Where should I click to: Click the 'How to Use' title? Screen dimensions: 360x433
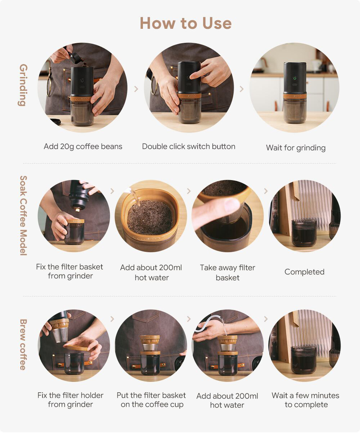click(186, 23)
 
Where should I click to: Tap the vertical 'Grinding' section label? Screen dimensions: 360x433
click(23, 85)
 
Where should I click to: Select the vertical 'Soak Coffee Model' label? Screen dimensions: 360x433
click(23, 215)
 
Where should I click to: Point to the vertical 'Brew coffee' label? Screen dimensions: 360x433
click(23, 344)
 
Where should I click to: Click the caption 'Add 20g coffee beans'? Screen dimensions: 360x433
click(83, 147)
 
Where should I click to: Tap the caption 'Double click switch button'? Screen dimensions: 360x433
click(189, 146)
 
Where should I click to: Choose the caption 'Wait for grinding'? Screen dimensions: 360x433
click(296, 148)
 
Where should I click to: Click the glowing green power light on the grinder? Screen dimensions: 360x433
click(294, 78)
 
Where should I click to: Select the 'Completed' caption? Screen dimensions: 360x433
click(304, 272)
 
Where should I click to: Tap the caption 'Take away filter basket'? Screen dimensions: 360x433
click(228, 272)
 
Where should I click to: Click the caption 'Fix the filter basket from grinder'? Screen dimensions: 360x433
click(69, 271)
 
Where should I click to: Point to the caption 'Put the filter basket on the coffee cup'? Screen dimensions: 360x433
click(151, 400)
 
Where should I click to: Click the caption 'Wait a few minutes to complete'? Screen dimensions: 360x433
click(305, 400)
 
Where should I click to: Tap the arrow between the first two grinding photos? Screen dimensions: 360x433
click(136, 89)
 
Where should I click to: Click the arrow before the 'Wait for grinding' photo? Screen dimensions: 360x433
click(242, 89)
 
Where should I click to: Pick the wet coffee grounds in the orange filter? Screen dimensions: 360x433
click(150, 217)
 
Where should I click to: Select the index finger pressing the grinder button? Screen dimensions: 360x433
click(199, 73)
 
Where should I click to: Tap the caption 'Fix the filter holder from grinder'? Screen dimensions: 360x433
click(70, 400)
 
